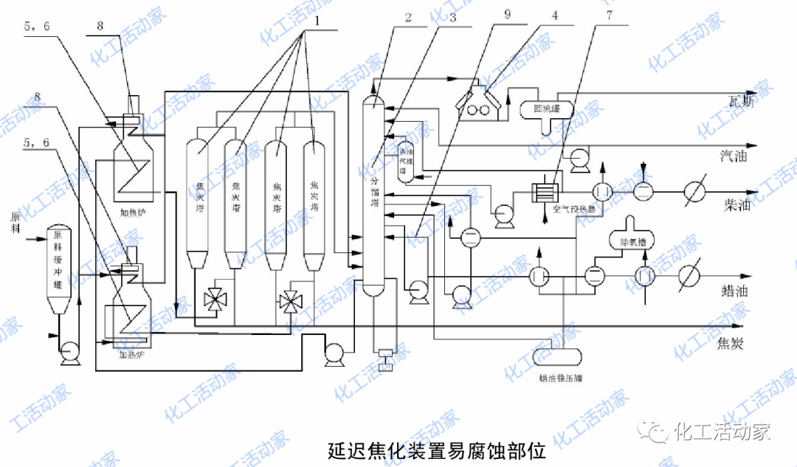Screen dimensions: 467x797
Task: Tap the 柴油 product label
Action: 737,205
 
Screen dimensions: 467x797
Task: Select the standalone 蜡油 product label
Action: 735,291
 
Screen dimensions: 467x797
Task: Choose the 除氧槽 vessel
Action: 627,241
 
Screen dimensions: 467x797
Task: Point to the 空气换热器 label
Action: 578,209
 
